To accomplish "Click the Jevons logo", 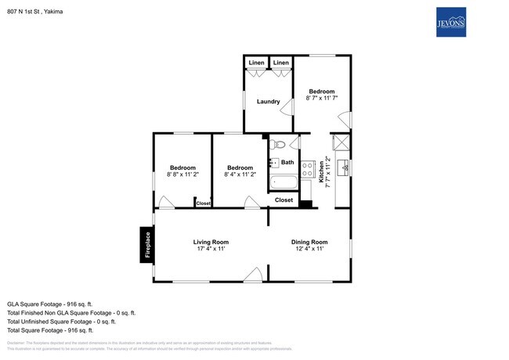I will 452,22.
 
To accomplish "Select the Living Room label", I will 211,242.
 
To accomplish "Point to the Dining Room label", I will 309,242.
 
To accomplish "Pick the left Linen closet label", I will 256,63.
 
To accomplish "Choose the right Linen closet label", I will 281,63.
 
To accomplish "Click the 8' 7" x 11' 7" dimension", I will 322,98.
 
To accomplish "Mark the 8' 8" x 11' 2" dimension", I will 183,175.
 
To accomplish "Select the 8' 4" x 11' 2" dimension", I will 240,175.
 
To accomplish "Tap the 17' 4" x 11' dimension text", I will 211,249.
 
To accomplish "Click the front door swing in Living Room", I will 252,274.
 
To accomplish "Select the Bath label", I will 287,163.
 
